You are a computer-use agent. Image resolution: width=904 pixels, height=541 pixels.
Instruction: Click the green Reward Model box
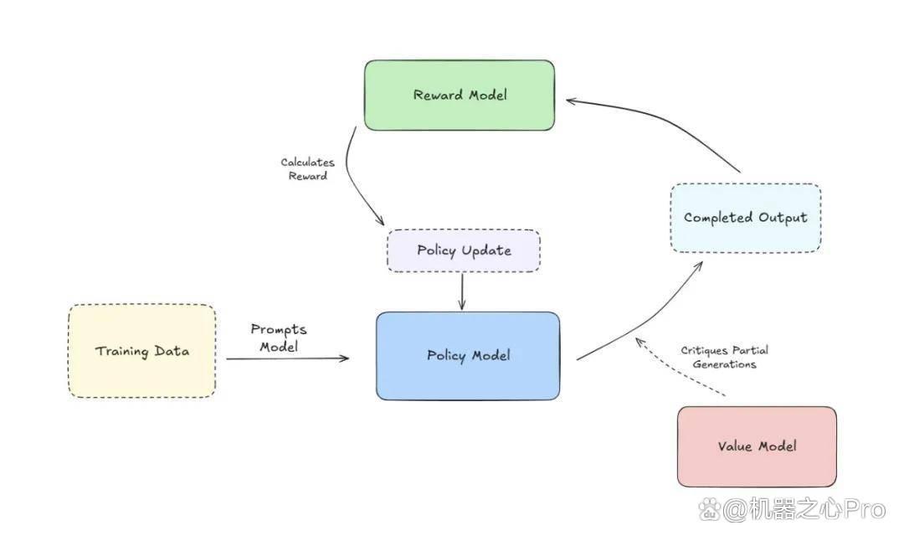(460, 95)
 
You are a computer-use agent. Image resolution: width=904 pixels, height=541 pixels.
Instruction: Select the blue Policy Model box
(468, 356)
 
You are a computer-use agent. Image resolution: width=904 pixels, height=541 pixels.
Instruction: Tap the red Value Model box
(757, 446)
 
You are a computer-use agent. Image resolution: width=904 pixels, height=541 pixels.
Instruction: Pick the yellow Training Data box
(141, 351)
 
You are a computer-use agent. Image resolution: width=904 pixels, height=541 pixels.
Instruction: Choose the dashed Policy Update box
(464, 251)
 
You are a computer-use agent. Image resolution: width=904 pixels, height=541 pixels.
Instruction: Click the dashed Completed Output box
(746, 218)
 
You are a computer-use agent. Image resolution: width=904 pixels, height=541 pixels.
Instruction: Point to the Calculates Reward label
(308, 169)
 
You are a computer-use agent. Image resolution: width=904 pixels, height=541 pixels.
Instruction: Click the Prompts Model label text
(279, 338)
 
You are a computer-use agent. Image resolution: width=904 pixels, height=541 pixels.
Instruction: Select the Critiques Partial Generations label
(725, 357)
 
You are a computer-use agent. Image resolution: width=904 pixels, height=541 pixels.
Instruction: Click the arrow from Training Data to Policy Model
(287, 358)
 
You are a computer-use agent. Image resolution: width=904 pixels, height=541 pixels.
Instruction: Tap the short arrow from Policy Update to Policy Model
(462, 291)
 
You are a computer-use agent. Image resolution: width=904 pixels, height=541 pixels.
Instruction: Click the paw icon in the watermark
(710, 510)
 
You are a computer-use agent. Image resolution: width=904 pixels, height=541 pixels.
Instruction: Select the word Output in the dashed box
(783, 218)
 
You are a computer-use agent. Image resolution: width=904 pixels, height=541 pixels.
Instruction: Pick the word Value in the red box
(735, 446)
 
